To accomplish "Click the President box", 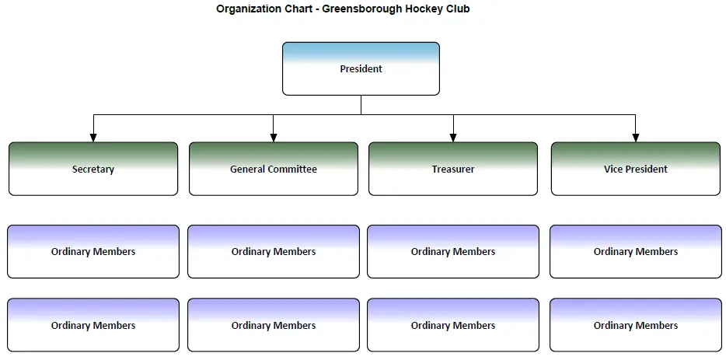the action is point(361,68).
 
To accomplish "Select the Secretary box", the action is point(93,169).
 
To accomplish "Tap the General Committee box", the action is point(273,169).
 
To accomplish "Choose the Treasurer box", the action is point(453,169).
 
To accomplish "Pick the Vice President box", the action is point(636,169).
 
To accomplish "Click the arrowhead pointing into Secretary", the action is point(93,138).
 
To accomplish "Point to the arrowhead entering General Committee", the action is point(273,138).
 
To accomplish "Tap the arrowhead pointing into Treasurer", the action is point(453,138).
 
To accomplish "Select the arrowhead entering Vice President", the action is point(636,138).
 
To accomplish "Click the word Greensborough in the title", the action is point(362,9).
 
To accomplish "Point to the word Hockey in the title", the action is point(422,9).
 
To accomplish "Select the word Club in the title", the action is point(456,9).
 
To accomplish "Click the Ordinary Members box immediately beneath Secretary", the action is point(93,252).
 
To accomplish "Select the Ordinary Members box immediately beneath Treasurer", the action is point(453,252).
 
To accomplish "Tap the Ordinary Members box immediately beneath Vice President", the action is point(636,252).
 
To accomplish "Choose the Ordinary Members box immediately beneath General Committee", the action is point(273,252).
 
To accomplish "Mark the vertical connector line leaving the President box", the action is point(361,105).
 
